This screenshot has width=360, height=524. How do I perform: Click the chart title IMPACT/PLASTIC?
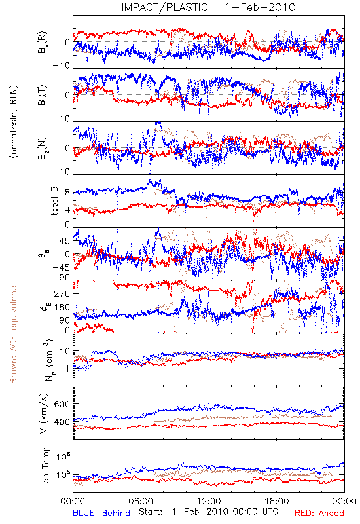point(164,7)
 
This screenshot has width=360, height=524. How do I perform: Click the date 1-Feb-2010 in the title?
point(260,7)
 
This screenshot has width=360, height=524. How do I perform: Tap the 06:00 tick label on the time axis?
point(141,501)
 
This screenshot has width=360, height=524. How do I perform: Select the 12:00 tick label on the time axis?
point(209,501)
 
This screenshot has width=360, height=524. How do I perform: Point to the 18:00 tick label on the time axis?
point(277,501)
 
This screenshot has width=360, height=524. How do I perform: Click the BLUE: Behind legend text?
point(101,513)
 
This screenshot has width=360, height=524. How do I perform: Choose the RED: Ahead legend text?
point(319,513)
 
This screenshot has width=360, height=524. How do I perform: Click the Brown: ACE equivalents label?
point(13,333)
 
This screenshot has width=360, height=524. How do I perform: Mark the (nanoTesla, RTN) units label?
point(14,121)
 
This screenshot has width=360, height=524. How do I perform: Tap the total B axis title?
point(54,201)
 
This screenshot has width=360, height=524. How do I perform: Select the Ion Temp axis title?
point(45,466)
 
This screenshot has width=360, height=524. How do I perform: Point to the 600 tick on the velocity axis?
point(62,404)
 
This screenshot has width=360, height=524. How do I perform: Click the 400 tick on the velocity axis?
point(62,422)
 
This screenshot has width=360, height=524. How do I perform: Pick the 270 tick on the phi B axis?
point(62,294)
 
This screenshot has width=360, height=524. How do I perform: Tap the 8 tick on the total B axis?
point(67,193)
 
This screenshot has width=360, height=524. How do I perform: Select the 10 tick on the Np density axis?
point(65,352)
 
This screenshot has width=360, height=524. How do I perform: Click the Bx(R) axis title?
point(43,43)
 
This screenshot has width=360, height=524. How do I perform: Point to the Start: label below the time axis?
point(151,512)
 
